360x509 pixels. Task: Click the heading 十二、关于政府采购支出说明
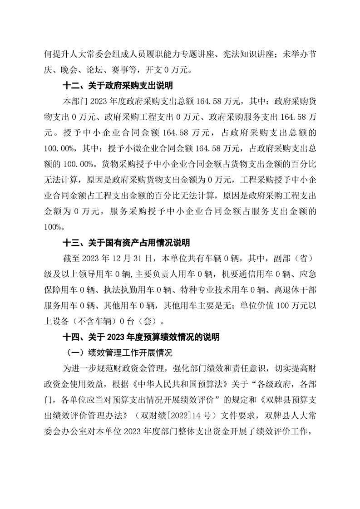click(117, 85)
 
